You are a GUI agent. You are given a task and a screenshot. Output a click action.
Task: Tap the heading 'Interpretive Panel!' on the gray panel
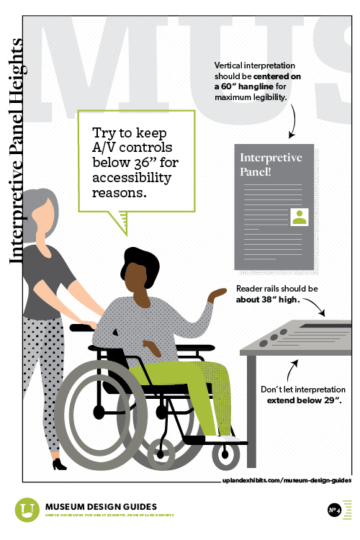pos(270,164)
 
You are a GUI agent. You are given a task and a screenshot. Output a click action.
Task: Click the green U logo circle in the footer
pos(27,510)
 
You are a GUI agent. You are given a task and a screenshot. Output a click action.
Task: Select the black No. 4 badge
pos(334,510)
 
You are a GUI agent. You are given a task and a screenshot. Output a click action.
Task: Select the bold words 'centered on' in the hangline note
pos(294,76)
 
